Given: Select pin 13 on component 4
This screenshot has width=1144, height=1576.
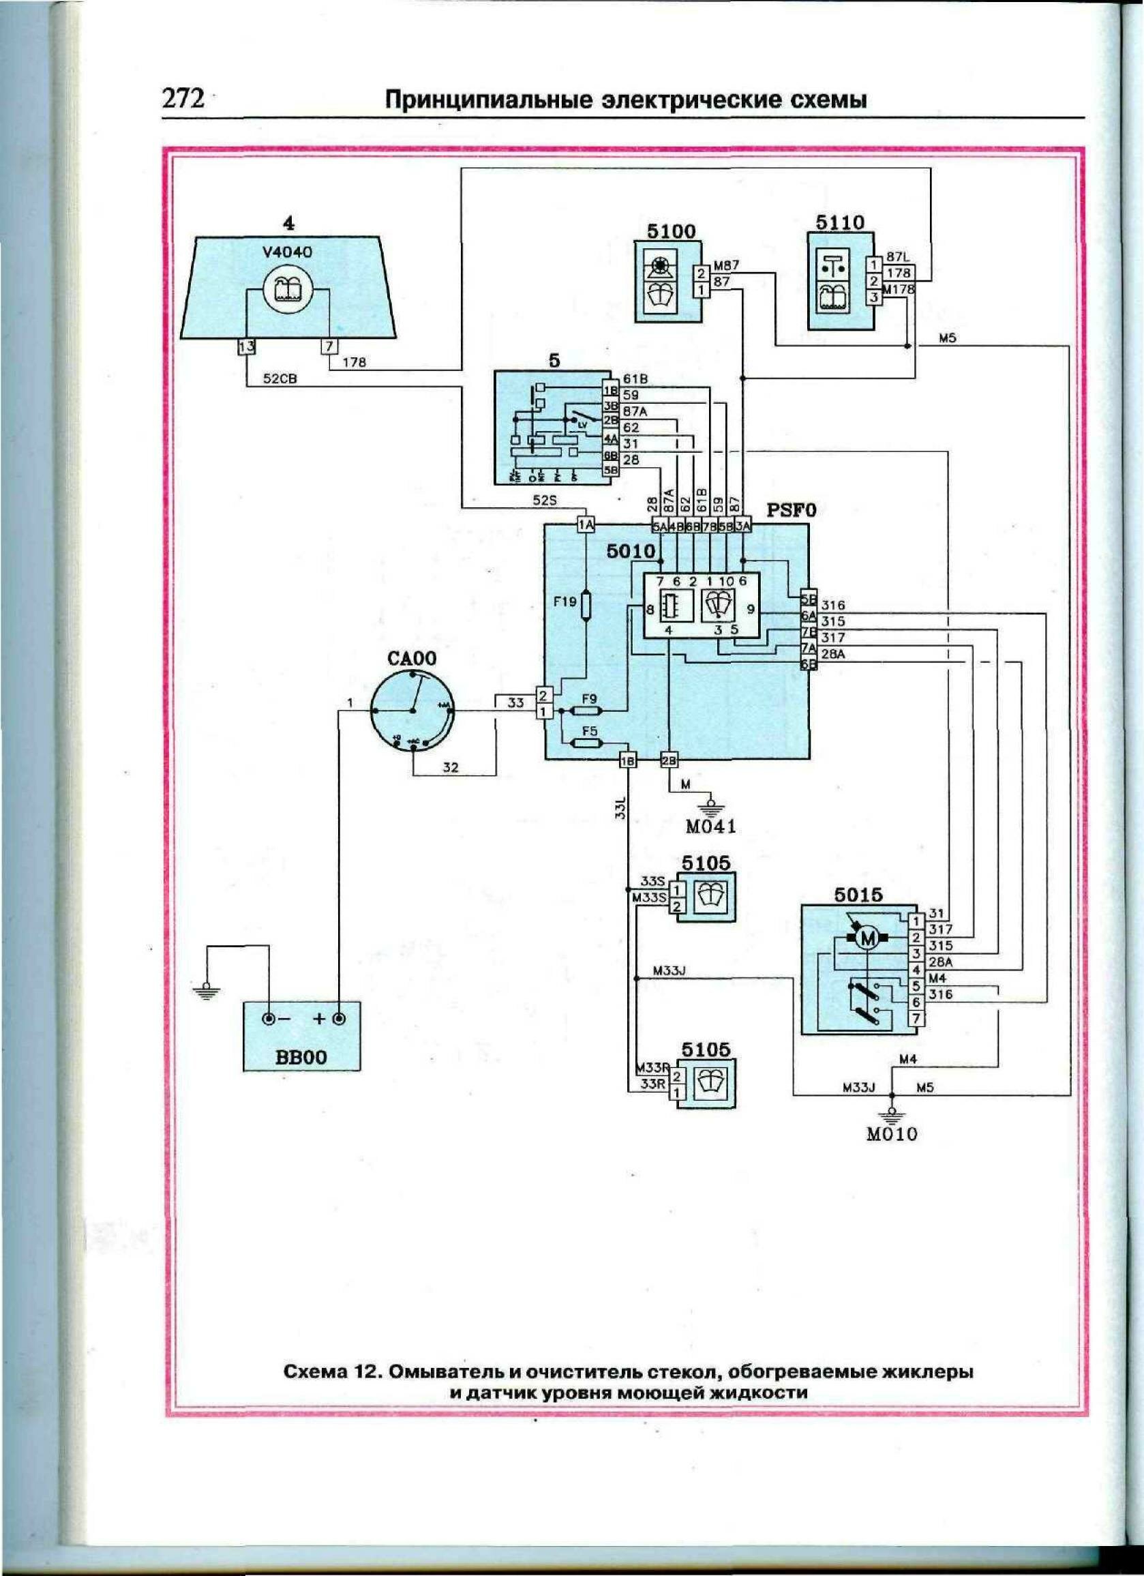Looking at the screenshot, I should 246,346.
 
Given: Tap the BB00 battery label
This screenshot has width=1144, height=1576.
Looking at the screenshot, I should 299,1058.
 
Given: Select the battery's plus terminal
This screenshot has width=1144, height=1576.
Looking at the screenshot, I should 339,1019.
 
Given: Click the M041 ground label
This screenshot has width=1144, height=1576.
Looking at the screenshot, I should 710,827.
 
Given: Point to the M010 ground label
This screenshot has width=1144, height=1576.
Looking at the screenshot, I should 892,1134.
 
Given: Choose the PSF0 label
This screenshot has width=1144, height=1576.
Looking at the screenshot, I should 790,511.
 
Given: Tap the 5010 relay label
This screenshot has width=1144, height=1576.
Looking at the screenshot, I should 631,552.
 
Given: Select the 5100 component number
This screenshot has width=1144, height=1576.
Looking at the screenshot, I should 670,231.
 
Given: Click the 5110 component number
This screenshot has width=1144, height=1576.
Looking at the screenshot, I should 840,222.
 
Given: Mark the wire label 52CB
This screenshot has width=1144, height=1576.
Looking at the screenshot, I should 280,380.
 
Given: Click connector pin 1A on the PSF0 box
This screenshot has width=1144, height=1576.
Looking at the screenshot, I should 586,525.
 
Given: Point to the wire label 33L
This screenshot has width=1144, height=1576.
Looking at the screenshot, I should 620,809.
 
